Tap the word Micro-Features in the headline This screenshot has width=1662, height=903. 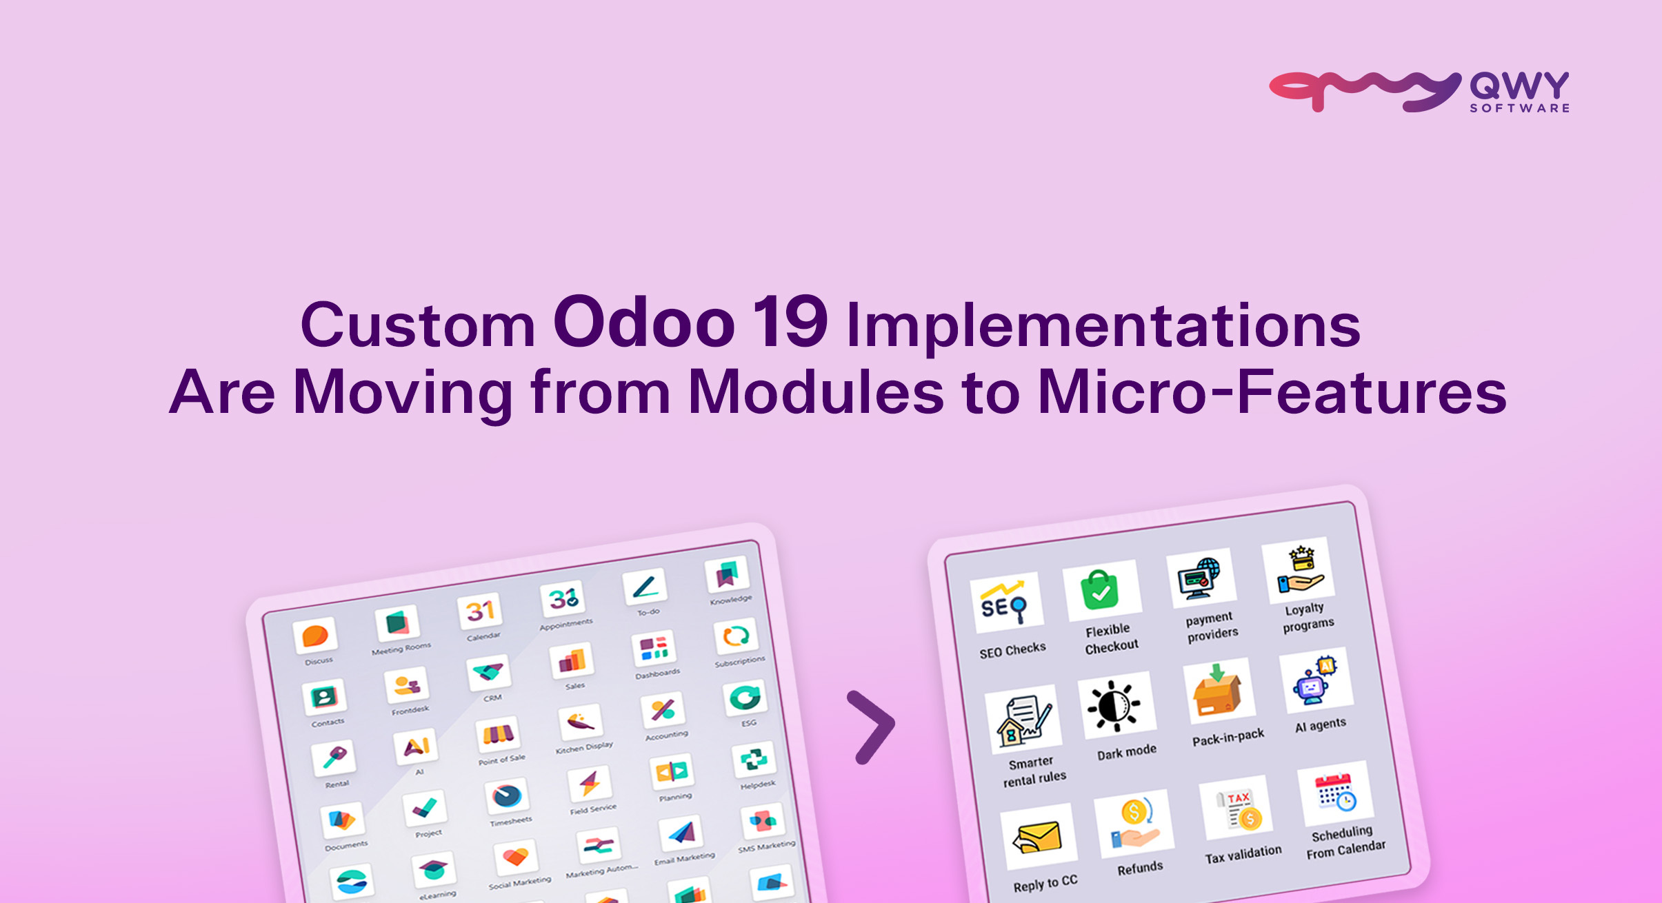1272,392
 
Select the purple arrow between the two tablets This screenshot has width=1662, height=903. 873,727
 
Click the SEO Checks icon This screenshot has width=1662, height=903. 1006,604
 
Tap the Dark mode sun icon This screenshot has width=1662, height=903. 1114,705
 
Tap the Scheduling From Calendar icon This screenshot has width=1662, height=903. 1335,793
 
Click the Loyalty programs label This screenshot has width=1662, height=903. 1307,617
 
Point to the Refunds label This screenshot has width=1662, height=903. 1140,868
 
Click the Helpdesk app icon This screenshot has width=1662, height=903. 753,760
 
